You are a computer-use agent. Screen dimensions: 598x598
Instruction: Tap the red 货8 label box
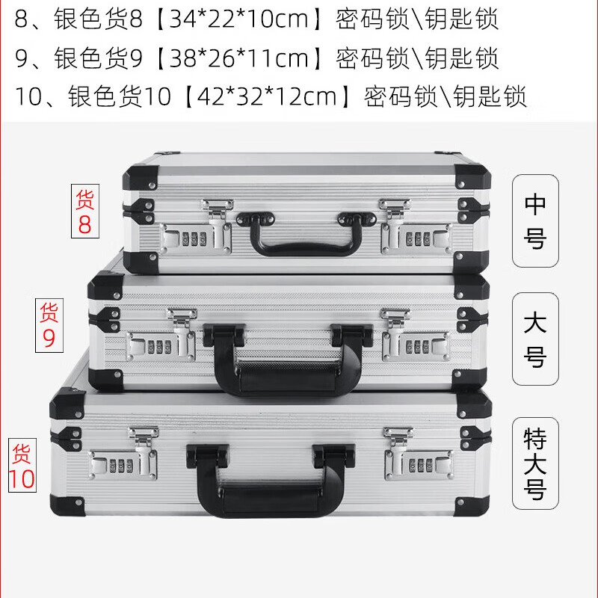click(x=84, y=212)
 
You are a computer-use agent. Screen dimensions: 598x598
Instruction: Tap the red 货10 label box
click(x=23, y=466)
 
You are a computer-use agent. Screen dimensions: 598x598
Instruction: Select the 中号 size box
click(x=535, y=221)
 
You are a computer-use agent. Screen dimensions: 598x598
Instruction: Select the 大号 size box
click(x=535, y=339)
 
